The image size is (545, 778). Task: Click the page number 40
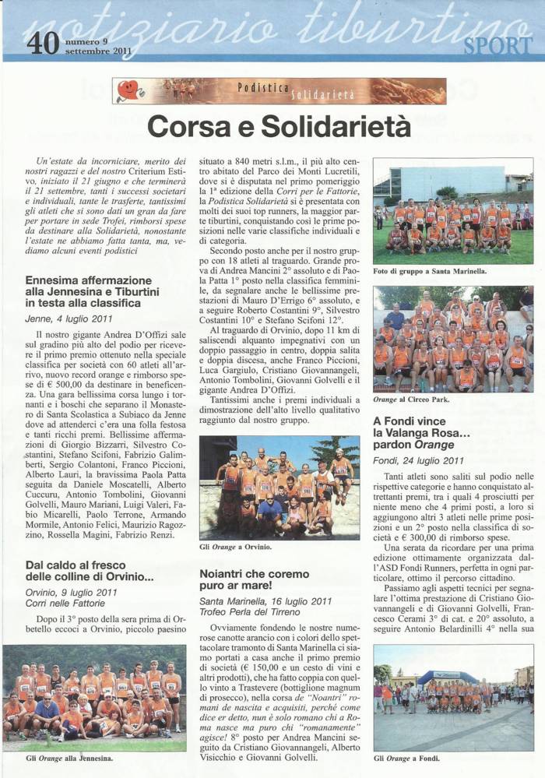[43, 43]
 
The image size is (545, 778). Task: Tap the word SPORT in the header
[498, 45]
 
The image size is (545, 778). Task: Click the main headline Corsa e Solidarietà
[279, 125]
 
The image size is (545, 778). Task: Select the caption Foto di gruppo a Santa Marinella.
[430, 271]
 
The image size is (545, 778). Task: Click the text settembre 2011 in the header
[98, 52]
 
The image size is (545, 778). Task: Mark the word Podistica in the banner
[262, 87]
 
